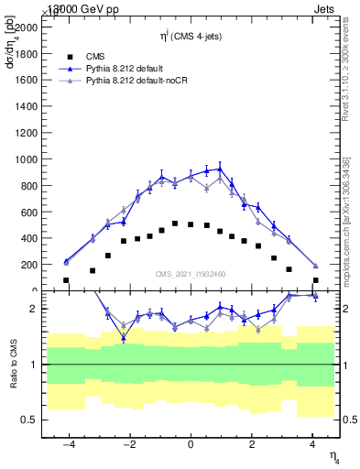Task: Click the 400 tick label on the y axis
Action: point(28,238)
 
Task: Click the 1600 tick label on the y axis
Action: point(26,81)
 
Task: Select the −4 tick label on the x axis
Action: point(69,444)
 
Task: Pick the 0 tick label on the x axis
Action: point(191,444)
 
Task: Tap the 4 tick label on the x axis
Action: point(312,444)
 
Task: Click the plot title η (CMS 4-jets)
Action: point(190,37)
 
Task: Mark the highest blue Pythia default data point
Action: point(220,169)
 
